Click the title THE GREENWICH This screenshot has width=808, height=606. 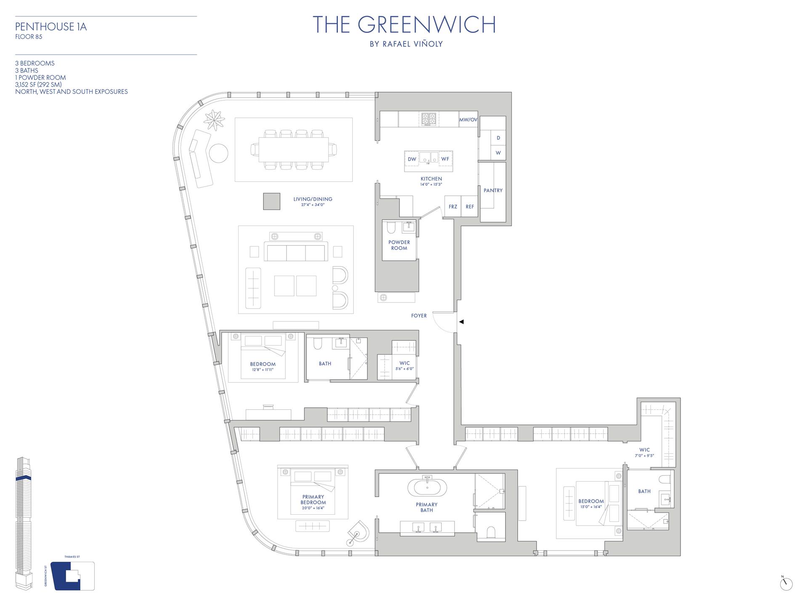pos(404,25)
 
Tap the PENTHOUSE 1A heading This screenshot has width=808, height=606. pos(51,27)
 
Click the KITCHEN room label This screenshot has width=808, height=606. pos(431,179)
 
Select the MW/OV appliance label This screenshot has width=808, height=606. pos(468,120)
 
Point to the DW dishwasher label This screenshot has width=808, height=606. pos(412,159)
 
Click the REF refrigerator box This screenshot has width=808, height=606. pos(470,207)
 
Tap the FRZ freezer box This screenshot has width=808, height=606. pos(453,207)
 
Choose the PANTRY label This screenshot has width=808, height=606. pos(493,191)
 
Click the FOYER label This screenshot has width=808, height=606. pos(419,316)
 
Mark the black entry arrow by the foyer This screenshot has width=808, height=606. pos(461,322)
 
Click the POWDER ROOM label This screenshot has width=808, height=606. pos(399,245)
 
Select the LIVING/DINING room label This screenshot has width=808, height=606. pos(313,199)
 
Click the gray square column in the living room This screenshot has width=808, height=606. pos(271,201)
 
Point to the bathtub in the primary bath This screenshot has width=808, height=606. pos(427,487)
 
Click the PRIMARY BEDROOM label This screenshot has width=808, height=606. pos(313,500)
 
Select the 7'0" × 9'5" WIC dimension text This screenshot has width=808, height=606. pos(644,455)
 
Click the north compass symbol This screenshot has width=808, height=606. pos(786,584)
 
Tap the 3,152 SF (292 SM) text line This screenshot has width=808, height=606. pos(38,85)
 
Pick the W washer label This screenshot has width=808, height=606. pos(498,153)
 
